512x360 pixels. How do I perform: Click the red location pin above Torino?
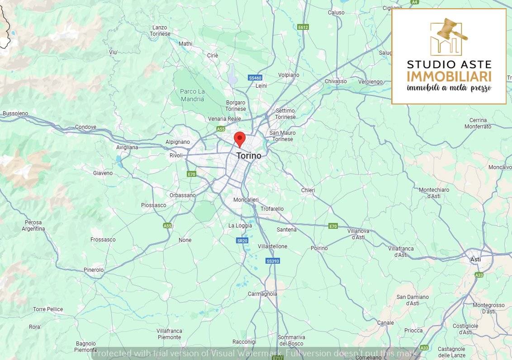click(x=239, y=138)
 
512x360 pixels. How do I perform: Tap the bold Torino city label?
click(x=249, y=156)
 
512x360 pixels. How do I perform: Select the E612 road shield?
click(x=303, y=27)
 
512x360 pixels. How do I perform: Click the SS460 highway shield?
click(x=256, y=78)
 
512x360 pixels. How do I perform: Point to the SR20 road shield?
click(x=242, y=241)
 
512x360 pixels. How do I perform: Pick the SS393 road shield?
click(x=273, y=261)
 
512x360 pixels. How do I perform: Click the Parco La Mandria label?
click(x=192, y=95)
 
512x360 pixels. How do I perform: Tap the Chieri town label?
click(x=308, y=190)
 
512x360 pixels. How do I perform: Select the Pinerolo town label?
click(x=94, y=270)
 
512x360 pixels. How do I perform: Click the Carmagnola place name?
click(x=262, y=294)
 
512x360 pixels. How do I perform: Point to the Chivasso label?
click(x=336, y=81)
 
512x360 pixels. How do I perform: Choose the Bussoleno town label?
click(x=15, y=114)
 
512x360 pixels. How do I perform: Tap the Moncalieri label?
click(x=246, y=200)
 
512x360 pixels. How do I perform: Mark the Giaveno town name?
click(x=103, y=173)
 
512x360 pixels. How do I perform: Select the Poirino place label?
click(x=319, y=248)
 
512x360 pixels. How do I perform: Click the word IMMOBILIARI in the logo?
click(x=449, y=76)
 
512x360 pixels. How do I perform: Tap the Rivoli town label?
click(x=176, y=156)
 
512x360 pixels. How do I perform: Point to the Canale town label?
click(x=385, y=323)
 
